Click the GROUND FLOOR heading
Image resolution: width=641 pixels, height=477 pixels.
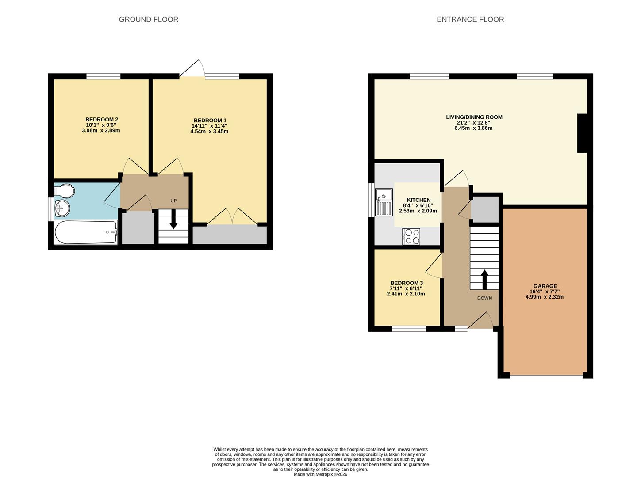(x=148, y=19)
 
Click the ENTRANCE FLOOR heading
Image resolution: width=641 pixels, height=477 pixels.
(x=470, y=19)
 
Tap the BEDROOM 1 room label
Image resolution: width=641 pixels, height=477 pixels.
(x=210, y=121)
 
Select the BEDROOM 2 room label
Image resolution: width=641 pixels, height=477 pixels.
(x=101, y=120)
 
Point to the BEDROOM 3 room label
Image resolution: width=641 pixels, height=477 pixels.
(x=406, y=283)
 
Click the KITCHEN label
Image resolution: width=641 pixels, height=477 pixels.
(x=418, y=200)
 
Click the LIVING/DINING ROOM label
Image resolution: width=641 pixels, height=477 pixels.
(x=474, y=117)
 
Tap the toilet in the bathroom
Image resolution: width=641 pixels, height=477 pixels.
(x=64, y=191)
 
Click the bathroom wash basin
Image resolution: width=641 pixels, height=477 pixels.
(x=62, y=208)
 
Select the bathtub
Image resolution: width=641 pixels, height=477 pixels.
(x=85, y=232)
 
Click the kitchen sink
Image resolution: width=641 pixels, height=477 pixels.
(x=384, y=202)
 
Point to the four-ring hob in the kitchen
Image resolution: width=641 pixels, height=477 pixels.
(x=411, y=236)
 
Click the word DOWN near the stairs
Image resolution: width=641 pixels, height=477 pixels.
(x=484, y=298)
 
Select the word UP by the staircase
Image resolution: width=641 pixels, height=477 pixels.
(x=173, y=201)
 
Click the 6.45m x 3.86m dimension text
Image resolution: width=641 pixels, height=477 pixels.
(x=473, y=128)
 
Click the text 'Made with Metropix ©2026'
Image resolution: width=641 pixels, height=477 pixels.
(x=320, y=474)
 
